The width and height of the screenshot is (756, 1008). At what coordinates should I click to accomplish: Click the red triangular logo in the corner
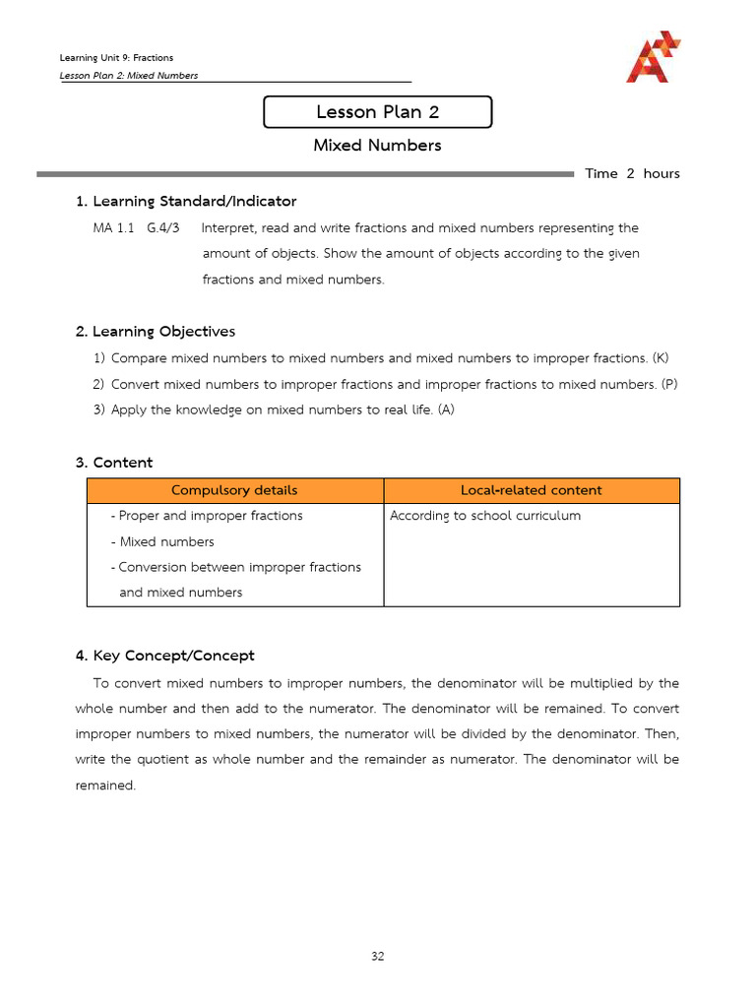[652, 57]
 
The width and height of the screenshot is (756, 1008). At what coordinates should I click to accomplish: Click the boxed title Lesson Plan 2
[377, 112]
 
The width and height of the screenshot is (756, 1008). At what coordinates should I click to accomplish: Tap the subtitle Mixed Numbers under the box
[377, 146]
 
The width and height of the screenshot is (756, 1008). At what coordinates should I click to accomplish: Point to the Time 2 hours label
[632, 174]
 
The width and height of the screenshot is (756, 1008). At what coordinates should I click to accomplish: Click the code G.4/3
[163, 228]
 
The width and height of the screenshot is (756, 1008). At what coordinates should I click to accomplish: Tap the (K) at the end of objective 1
[660, 358]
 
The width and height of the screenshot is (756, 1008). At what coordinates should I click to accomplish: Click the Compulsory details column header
[234, 490]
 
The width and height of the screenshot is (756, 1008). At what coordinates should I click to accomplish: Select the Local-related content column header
[531, 490]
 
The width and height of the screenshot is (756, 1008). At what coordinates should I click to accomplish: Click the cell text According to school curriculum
[485, 516]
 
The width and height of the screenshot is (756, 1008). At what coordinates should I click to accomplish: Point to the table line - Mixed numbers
[162, 541]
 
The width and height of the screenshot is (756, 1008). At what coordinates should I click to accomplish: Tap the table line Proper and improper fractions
[210, 516]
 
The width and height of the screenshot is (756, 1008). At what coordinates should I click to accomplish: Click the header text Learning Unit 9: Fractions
[116, 58]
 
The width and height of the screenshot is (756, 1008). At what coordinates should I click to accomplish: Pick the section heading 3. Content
[114, 463]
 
